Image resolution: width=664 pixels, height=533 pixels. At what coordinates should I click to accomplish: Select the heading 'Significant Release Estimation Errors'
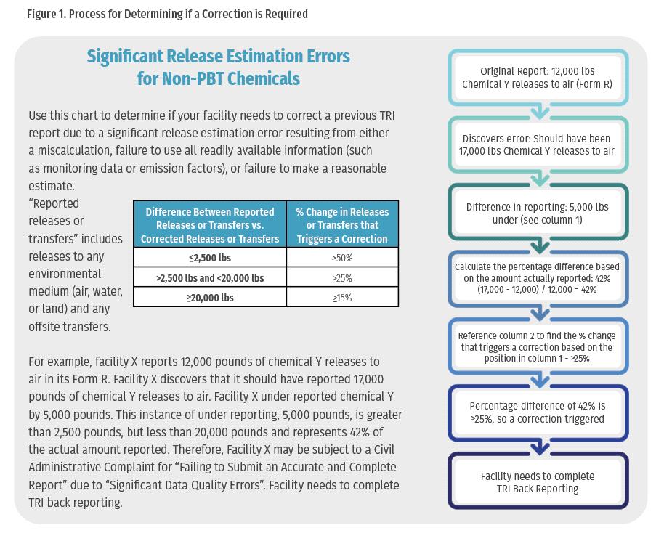point(218,57)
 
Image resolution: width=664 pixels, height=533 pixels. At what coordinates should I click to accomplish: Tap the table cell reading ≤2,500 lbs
point(210,258)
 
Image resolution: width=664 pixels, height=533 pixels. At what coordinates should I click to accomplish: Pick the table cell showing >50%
point(341,258)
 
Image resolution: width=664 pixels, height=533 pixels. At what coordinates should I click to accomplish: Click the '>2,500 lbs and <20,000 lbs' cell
point(210,278)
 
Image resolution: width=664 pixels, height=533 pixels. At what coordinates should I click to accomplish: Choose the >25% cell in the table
point(341,278)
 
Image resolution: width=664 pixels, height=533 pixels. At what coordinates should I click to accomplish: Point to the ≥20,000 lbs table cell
point(210,298)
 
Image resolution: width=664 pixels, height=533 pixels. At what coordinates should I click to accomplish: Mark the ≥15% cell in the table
point(341,298)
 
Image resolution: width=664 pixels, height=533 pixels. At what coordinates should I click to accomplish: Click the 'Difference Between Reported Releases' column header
point(210,225)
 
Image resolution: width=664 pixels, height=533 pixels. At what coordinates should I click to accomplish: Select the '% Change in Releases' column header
point(341,225)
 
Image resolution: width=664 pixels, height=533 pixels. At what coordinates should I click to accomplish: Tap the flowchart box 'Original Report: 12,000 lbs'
point(538,78)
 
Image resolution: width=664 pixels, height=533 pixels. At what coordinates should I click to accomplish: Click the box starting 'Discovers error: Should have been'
point(538,145)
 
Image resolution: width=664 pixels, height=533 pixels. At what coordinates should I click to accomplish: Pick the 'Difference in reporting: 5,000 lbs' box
point(538,213)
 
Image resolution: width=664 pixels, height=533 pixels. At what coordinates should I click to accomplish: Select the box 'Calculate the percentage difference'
point(538,279)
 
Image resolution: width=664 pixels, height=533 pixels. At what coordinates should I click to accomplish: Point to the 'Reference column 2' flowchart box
point(538,347)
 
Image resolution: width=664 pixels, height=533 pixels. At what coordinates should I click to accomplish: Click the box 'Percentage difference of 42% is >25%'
point(538,412)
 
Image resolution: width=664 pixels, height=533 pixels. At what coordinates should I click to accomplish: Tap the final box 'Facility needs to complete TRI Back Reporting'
point(538,482)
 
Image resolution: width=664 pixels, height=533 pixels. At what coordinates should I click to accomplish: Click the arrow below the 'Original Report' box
point(538,112)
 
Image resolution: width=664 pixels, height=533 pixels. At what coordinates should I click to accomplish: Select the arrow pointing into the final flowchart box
point(538,448)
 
